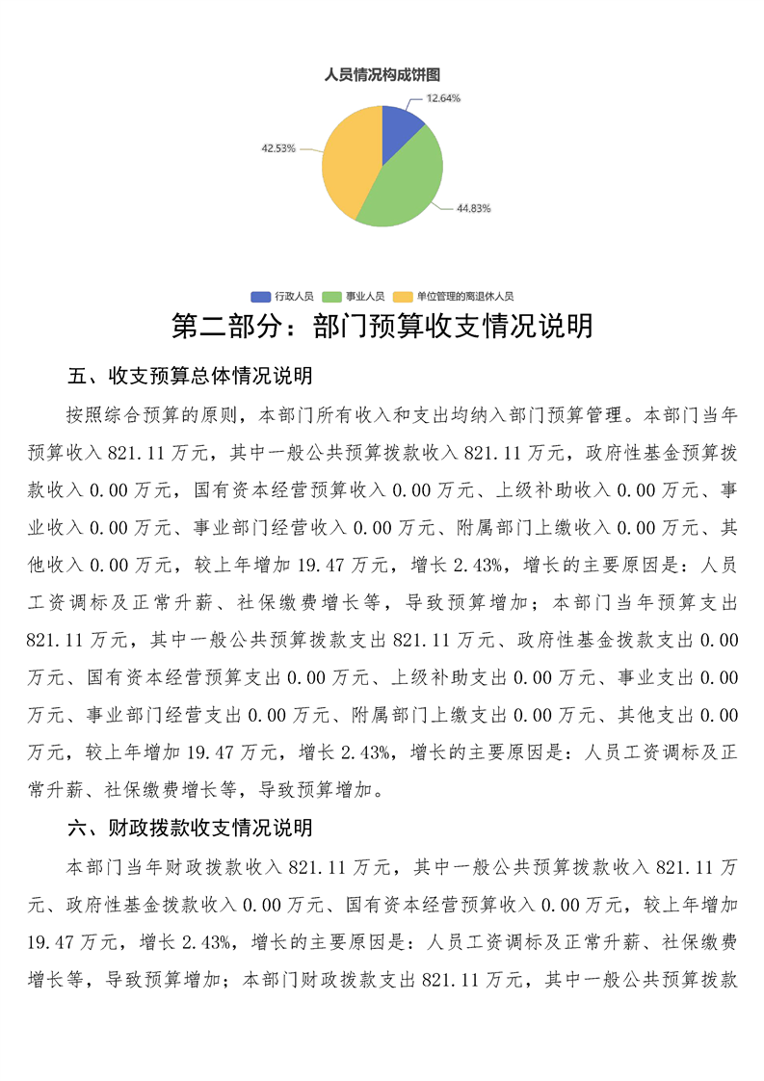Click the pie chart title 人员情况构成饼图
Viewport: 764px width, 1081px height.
coord(382,75)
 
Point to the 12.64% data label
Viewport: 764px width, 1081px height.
coord(443,98)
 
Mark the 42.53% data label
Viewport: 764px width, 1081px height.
coord(277,148)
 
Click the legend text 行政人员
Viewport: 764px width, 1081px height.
coord(293,297)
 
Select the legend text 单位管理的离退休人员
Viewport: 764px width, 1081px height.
coord(465,297)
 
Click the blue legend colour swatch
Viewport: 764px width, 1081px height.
coord(260,297)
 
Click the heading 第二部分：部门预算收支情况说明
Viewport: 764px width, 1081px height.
coord(382,327)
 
